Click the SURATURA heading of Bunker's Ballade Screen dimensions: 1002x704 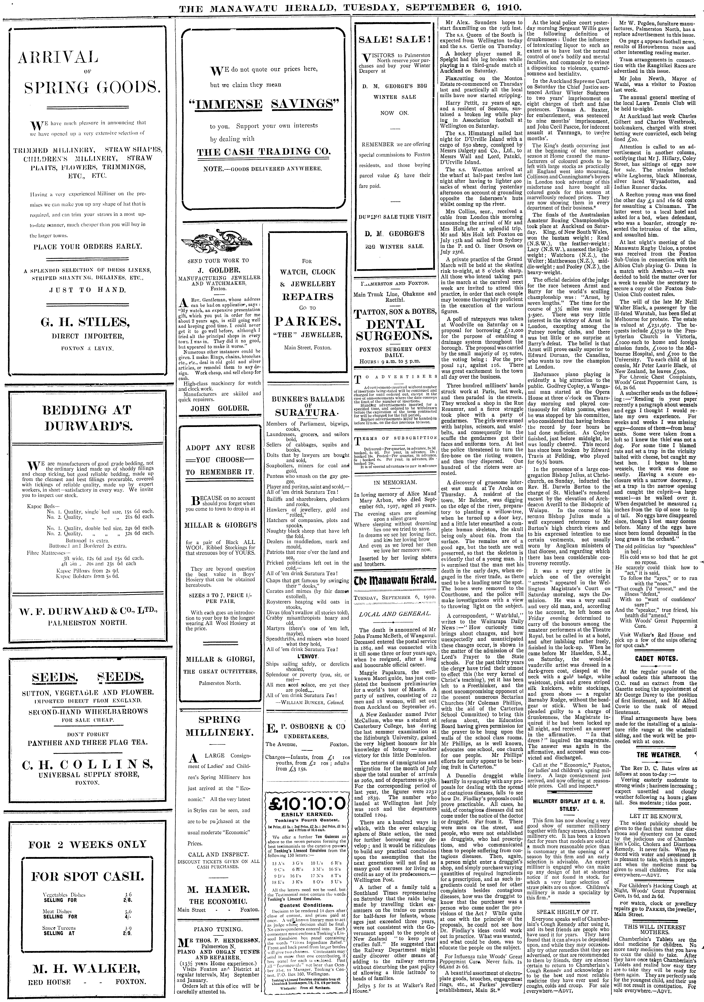click(x=307, y=412)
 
